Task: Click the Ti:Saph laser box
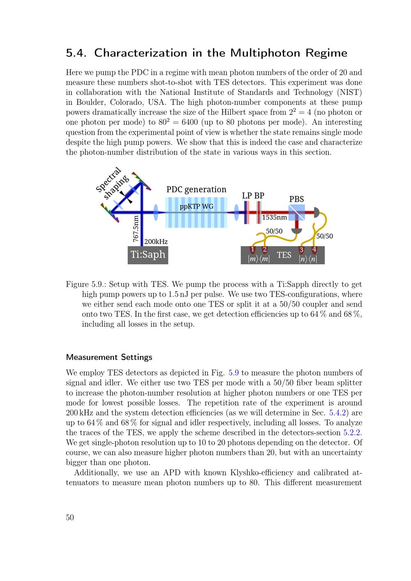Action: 148,255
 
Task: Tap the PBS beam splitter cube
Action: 297,212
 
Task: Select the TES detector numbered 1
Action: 253,250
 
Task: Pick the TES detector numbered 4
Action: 314,249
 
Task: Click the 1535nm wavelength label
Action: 274,217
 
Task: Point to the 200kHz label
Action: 156,242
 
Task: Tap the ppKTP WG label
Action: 196,206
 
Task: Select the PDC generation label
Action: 196,189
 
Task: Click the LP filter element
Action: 246,213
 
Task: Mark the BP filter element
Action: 259,213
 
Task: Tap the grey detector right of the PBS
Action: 316,212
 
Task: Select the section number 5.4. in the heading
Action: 77,53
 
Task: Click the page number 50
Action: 70,517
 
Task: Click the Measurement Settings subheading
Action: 109,357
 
